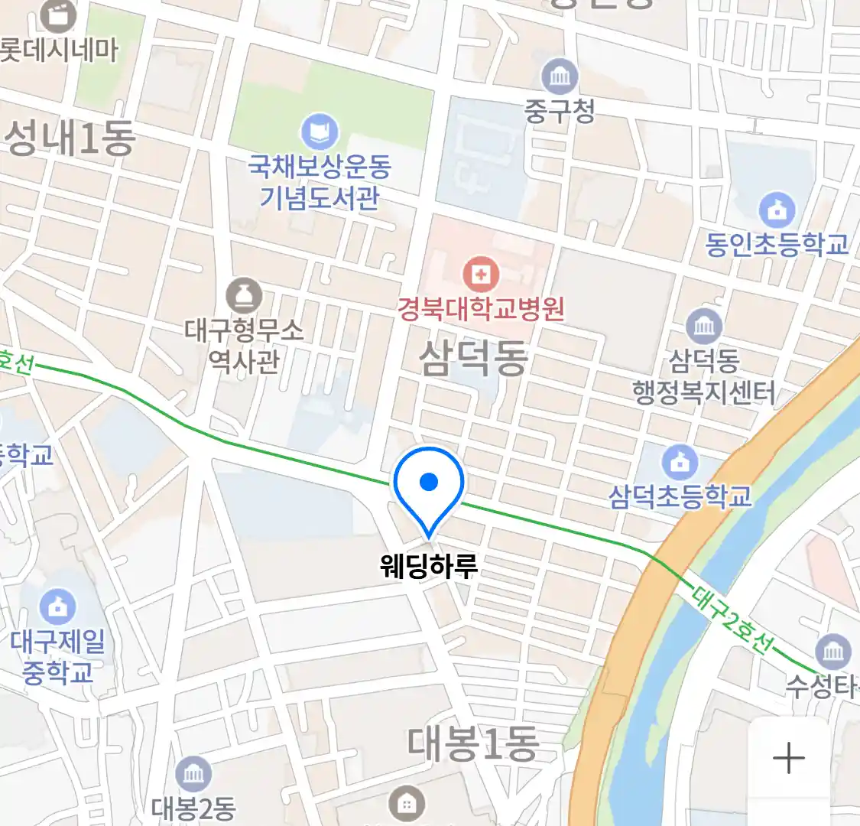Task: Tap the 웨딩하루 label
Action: click(429, 567)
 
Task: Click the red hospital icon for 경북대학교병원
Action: click(481, 274)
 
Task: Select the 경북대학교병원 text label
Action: click(481, 309)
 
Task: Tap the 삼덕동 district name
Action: click(474, 358)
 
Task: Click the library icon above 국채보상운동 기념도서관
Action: click(319, 132)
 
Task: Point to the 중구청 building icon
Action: click(560, 76)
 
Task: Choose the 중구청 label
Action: click(560, 112)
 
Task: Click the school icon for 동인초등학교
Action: click(777, 210)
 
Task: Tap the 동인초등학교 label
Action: click(777, 245)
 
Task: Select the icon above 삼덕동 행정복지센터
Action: click(704, 326)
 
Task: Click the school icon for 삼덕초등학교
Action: click(680, 461)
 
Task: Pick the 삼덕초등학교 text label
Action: click(680, 497)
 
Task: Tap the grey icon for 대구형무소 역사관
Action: click(244, 295)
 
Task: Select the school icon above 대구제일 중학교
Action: click(57, 606)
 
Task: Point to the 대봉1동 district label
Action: click(472, 743)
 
